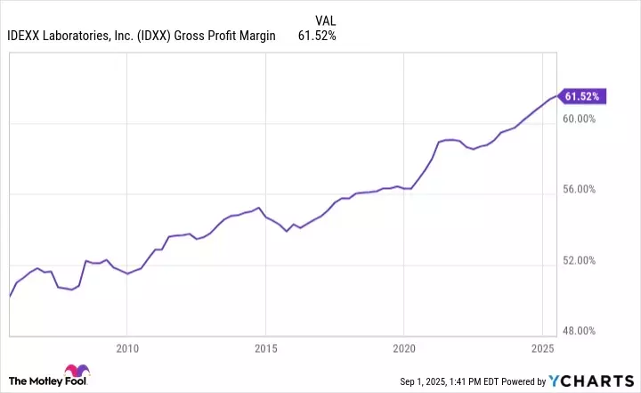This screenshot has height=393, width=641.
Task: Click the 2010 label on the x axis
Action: click(x=127, y=348)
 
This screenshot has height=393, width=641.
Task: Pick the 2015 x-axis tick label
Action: click(x=265, y=348)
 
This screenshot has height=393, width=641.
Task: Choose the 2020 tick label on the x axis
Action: click(x=404, y=348)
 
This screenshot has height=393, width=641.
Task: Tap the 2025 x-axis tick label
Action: click(x=542, y=348)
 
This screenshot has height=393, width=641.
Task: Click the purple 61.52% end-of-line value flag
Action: click(x=583, y=95)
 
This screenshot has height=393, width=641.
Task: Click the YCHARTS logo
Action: click(x=591, y=378)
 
